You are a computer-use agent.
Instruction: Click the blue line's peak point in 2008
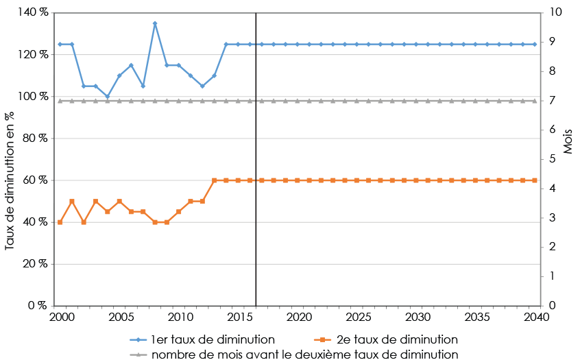[x=155, y=23]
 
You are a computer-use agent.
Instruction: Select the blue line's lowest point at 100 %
[x=108, y=97]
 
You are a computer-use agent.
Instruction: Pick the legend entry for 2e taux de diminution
[x=386, y=339]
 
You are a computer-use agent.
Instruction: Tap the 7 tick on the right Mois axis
[x=553, y=100]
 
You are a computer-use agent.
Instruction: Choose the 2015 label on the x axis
[x=239, y=317]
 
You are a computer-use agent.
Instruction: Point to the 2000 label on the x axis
[x=62, y=317]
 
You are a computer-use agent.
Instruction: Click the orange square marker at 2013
[x=215, y=180]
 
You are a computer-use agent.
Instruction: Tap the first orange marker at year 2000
[x=60, y=222]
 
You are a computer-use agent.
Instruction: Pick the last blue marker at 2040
[x=535, y=44]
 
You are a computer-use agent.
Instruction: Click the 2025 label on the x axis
[x=357, y=317]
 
